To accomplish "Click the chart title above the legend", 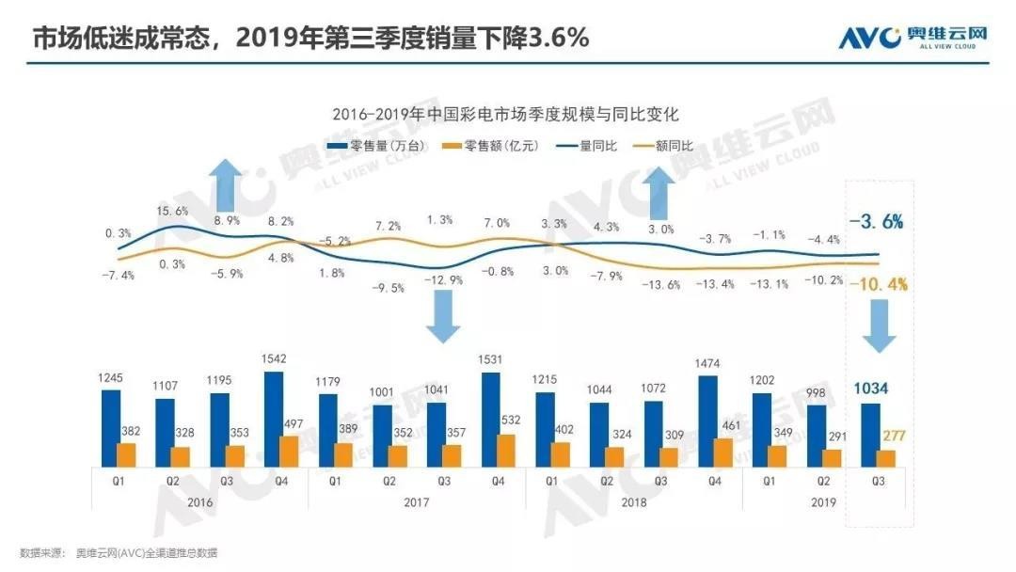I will click(x=505, y=114).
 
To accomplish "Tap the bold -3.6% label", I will click(x=876, y=222).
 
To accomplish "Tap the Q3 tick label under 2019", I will click(x=877, y=480).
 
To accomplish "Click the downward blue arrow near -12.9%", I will click(x=442, y=318).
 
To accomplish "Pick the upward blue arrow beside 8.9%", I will click(x=225, y=185).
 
